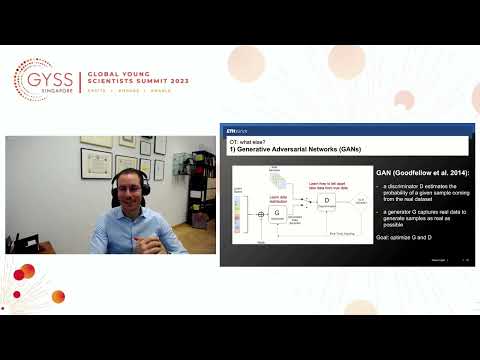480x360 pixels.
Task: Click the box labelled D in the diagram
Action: point(326,200)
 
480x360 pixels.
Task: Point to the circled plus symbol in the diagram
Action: point(261,214)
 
